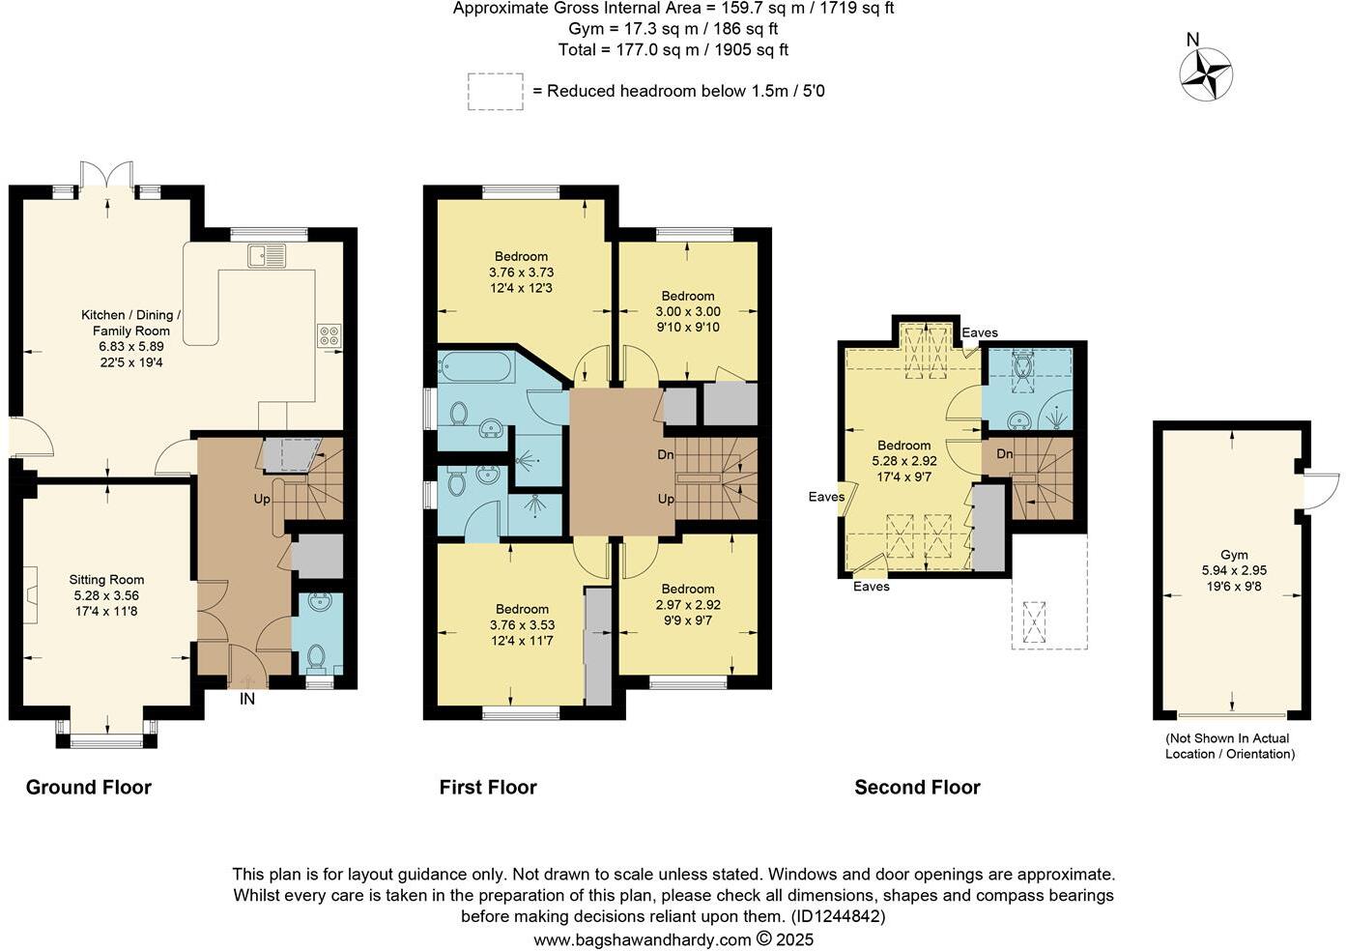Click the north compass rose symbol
pyautogui.click(x=1205, y=72)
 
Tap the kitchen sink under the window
pyautogui.click(x=266, y=255)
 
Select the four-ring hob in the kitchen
pyautogui.click(x=329, y=334)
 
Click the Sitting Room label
pyautogui.click(x=106, y=580)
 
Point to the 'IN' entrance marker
pyautogui.click(x=247, y=698)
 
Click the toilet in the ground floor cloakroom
pyautogui.click(x=316, y=657)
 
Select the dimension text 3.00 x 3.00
pyautogui.click(x=688, y=311)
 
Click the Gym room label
pyautogui.click(x=1234, y=555)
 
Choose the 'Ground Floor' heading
pyautogui.click(x=88, y=787)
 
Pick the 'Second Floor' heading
pyautogui.click(x=917, y=787)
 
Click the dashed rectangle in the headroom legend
pyautogui.click(x=495, y=91)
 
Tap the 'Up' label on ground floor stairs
pyautogui.click(x=262, y=499)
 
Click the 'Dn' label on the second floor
pyautogui.click(x=1005, y=453)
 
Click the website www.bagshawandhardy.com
pyautogui.click(x=642, y=938)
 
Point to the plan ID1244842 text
pyautogui.click(x=838, y=915)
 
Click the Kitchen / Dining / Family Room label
pyautogui.click(x=131, y=322)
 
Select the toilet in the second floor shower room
pyautogui.click(x=1024, y=365)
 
